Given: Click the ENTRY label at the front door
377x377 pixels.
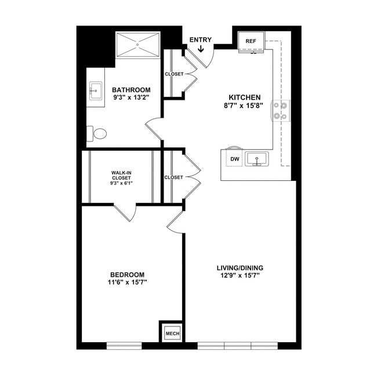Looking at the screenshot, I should pyautogui.click(x=200, y=40).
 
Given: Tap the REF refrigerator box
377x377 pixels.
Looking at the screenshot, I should pyautogui.click(x=251, y=41).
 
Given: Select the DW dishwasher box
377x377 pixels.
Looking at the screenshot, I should pyautogui.click(x=235, y=158).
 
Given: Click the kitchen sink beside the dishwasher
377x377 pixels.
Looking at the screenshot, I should pyautogui.click(x=255, y=158).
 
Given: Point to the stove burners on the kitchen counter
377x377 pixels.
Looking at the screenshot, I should pyautogui.click(x=281, y=110).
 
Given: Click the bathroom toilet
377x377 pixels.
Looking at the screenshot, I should pyautogui.click(x=97, y=134).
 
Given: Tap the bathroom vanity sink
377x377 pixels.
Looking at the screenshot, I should pyautogui.click(x=95, y=91).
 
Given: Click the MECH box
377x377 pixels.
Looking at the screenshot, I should pyautogui.click(x=172, y=333).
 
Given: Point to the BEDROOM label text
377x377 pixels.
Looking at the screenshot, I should pyautogui.click(x=128, y=274).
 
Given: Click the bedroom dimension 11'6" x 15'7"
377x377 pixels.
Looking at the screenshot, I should pyautogui.click(x=128, y=282).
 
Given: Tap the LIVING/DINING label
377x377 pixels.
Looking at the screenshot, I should pyautogui.click(x=240, y=267).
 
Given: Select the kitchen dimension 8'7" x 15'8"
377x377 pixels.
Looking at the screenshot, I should pyautogui.click(x=244, y=106).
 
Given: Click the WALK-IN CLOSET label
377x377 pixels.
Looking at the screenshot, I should pyautogui.click(x=122, y=175).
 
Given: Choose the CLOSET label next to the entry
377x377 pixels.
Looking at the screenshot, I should pyautogui.click(x=174, y=74).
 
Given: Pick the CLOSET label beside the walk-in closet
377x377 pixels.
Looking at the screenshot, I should pyautogui.click(x=173, y=177).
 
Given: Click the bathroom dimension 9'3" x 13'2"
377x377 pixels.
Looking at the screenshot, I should pyautogui.click(x=131, y=98).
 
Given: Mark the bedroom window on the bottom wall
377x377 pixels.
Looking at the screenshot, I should pyautogui.click(x=124, y=346).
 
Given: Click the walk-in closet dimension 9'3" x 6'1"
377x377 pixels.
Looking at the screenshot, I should pyautogui.click(x=122, y=184).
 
